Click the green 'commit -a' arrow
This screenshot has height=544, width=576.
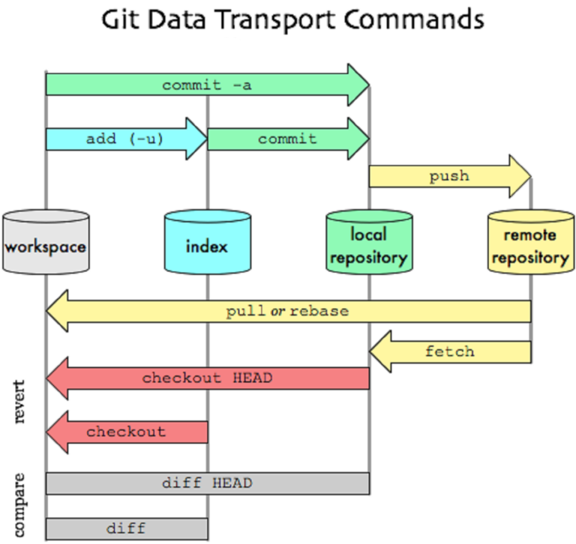click(206, 85)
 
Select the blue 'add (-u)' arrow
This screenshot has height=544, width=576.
click(124, 139)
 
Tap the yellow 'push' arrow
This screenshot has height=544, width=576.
click(448, 177)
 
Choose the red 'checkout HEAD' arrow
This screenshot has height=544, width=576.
click(207, 378)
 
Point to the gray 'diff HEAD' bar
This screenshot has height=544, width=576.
click(207, 483)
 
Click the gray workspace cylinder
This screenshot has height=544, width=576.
click(46, 243)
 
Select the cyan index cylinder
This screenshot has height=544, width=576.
click(207, 243)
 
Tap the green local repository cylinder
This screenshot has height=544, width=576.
click(368, 243)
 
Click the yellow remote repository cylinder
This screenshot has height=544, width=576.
click(530, 243)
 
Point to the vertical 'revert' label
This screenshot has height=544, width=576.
click(20, 402)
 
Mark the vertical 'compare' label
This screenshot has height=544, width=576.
click(20, 504)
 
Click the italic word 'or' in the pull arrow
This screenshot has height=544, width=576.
click(277, 311)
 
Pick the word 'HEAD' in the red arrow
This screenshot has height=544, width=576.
click(252, 378)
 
